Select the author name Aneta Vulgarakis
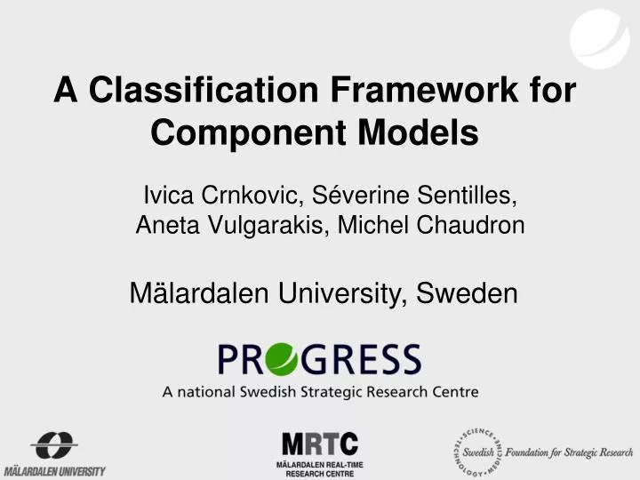234,226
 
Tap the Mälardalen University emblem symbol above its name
54,444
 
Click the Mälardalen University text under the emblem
54,470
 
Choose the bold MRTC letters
320,444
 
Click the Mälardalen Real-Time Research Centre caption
320,469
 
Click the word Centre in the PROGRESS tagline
455,391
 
